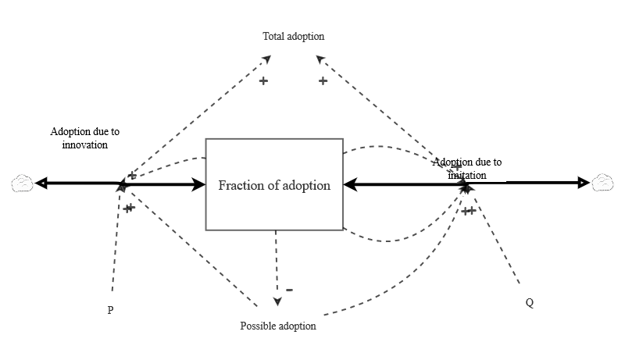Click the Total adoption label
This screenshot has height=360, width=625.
[294, 36]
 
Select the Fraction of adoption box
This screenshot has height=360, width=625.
[273, 184]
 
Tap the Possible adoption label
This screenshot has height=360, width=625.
[277, 326]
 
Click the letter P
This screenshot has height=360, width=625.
[110, 310]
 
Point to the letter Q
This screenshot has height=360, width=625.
[530, 303]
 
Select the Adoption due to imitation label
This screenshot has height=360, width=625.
[467, 169]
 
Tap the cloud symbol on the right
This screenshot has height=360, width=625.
[602, 183]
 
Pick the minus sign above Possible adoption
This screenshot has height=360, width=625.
[289, 289]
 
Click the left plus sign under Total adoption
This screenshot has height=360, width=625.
[263, 80]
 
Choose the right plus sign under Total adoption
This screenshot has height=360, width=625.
[323, 80]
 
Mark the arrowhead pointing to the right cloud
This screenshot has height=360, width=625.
[583, 183]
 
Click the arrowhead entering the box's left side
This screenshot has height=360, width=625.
[198, 184]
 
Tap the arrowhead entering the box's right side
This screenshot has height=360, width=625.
[351, 185]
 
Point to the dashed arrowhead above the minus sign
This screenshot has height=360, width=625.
[276, 301]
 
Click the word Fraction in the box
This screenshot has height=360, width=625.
[240, 185]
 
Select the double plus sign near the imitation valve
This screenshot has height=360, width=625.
[469, 210]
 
